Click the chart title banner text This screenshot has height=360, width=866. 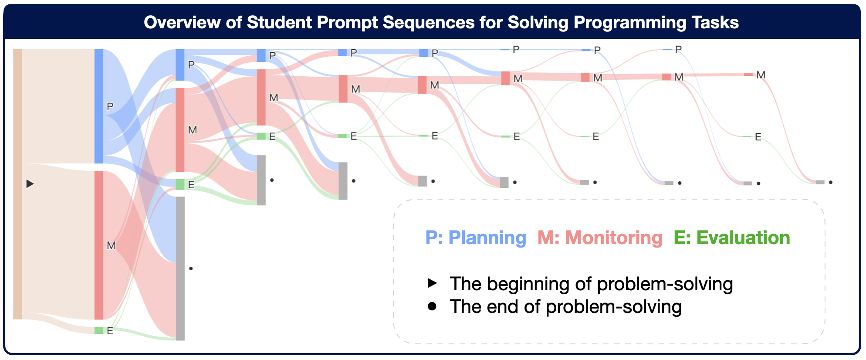pos(441,22)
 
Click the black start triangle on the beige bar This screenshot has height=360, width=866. pos(30,184)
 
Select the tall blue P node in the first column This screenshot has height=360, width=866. pos(99,106)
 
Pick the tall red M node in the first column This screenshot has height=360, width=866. pos(99,245)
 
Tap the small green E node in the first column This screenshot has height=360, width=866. pos(99,330)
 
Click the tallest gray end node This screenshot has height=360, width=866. pos(180,268)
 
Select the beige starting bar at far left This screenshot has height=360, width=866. pos(17,184)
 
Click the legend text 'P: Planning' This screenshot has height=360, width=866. pos(476,238)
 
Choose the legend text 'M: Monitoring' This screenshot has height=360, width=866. pos(600,238)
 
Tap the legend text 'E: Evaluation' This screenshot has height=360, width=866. pos(732,238)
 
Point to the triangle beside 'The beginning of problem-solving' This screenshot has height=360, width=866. pos(432,283)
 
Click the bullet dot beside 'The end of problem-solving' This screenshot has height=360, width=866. pos(432,306)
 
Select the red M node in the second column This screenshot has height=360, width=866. pos(180,130)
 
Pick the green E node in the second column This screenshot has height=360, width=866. pos(180,184)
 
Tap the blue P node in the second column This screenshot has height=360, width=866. pos(180,65)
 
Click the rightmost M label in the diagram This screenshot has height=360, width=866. pos(761,75)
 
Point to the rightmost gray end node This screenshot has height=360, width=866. pos(820,182)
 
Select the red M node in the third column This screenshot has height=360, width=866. pos(261,97)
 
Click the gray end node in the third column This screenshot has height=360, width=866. pos(261,180)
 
